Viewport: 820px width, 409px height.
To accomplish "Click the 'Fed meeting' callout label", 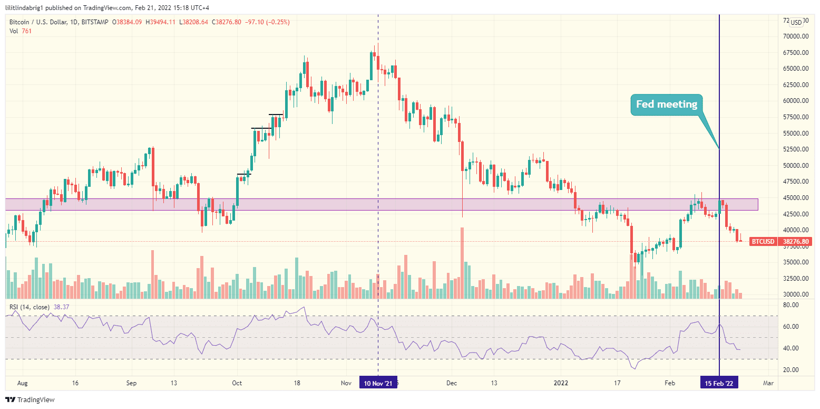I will [666, 104].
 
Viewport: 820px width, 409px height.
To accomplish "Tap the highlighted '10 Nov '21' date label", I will [378, 383].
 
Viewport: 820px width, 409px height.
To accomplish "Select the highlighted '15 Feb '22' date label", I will [719, 383].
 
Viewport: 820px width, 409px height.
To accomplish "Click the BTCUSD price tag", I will [762, 242].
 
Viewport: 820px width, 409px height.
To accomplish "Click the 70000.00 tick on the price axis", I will [796, 36].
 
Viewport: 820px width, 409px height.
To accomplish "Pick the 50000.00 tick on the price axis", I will [796, 166].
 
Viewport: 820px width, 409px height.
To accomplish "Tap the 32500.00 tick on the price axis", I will [796, 279].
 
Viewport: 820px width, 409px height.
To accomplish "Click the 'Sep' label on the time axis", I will [132, 383].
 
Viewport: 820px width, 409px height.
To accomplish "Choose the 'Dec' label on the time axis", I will [452, 383].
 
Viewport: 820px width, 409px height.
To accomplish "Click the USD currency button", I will [796, 22].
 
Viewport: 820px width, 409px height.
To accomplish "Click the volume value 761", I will [27, 31].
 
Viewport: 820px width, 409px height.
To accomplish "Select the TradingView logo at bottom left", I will [30, 400].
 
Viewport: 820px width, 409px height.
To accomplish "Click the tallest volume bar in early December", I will [462, 263].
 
